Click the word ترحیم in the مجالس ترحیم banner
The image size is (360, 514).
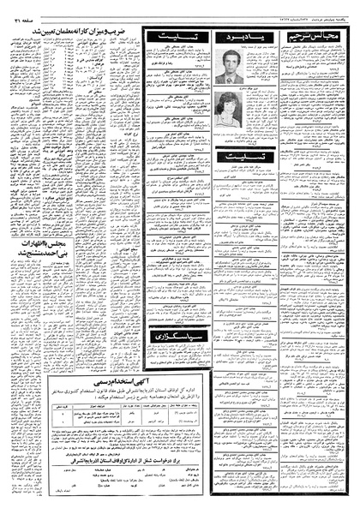pos(307,39)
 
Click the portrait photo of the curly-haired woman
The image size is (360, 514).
pos(229,109)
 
